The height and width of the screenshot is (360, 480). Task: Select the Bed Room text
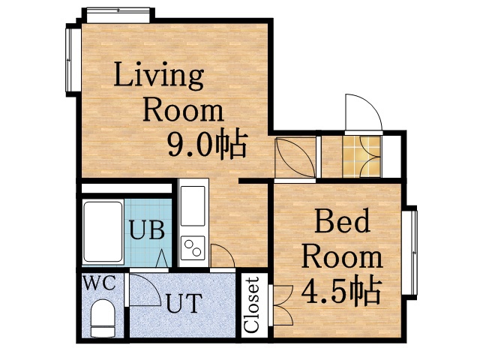tap(342, 240)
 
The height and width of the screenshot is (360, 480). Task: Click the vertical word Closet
tap(252, 305)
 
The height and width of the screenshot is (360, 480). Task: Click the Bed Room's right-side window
tap(412, 253)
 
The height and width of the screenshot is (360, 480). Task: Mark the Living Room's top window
tap(118, 14)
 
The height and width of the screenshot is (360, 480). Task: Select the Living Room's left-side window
tap(73, 60)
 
